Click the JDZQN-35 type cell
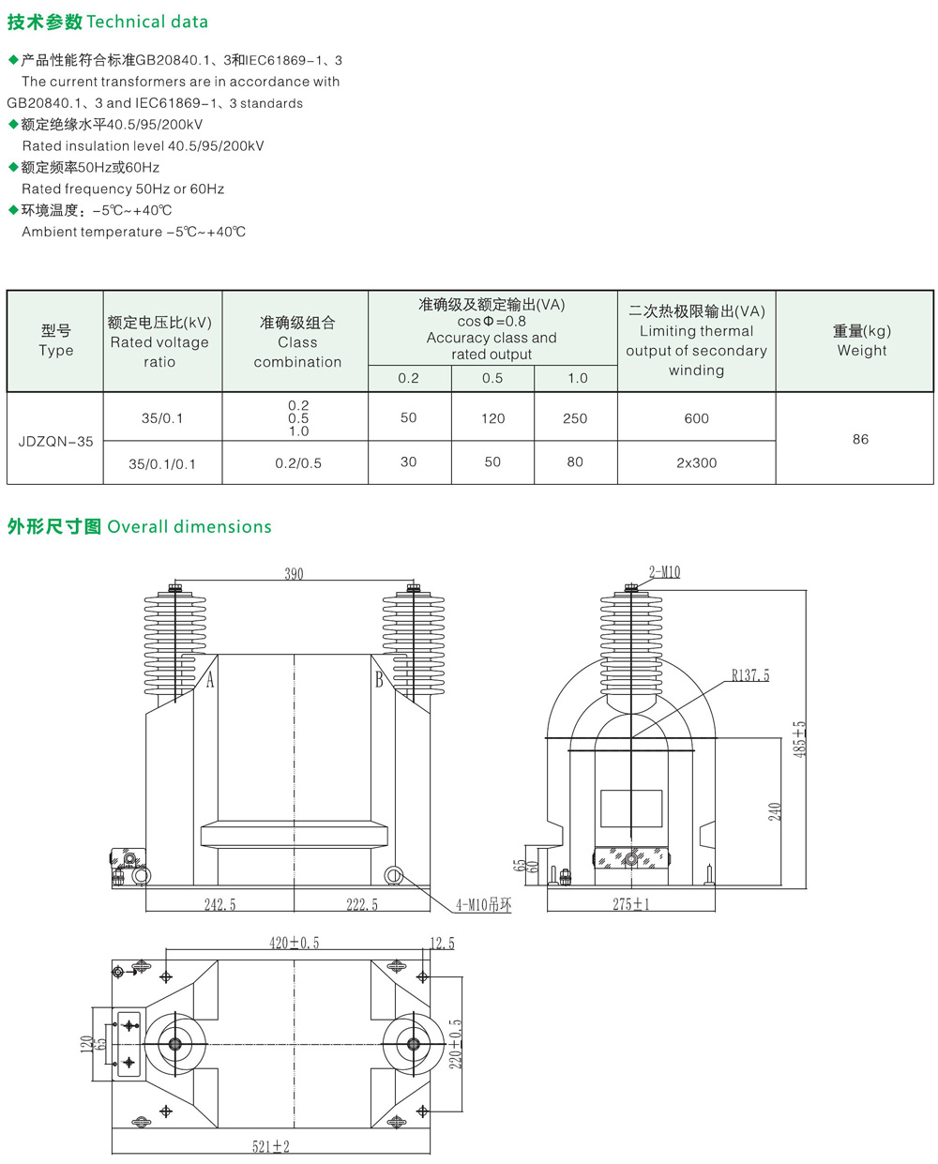(55, 442)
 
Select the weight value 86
(860, 439)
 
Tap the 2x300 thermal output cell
(696, 463)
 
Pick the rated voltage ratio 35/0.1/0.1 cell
(161, 464)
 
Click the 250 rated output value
(574, 418)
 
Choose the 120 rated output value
(492, 418)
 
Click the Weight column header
(862, 340)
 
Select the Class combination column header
(297, 341)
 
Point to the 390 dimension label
(294, 573)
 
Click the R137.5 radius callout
(749, 675)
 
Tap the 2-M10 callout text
(664, 572)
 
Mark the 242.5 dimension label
(219, 904)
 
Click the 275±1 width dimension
(630, 904)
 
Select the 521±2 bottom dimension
(270, 1146)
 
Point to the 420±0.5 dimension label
(295, 943)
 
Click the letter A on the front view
(210, 679)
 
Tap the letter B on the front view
(379, 679)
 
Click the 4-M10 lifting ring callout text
(483, 904)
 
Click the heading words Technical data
(147, 22)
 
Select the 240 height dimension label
(775, 811)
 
